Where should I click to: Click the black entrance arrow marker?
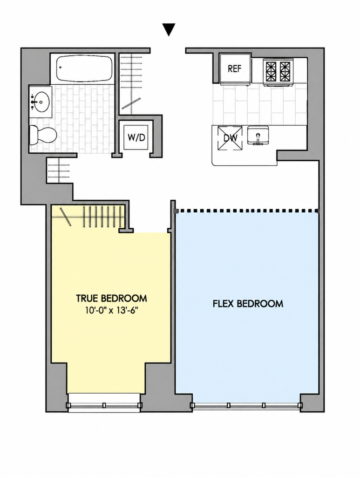169,30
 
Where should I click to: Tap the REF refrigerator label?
234,69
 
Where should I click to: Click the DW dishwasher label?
230,138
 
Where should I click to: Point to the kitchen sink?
258,136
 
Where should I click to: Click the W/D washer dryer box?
136,137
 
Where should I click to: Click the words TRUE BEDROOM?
111,299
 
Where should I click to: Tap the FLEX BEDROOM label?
248,304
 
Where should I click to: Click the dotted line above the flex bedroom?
246,211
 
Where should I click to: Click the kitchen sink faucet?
258,136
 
